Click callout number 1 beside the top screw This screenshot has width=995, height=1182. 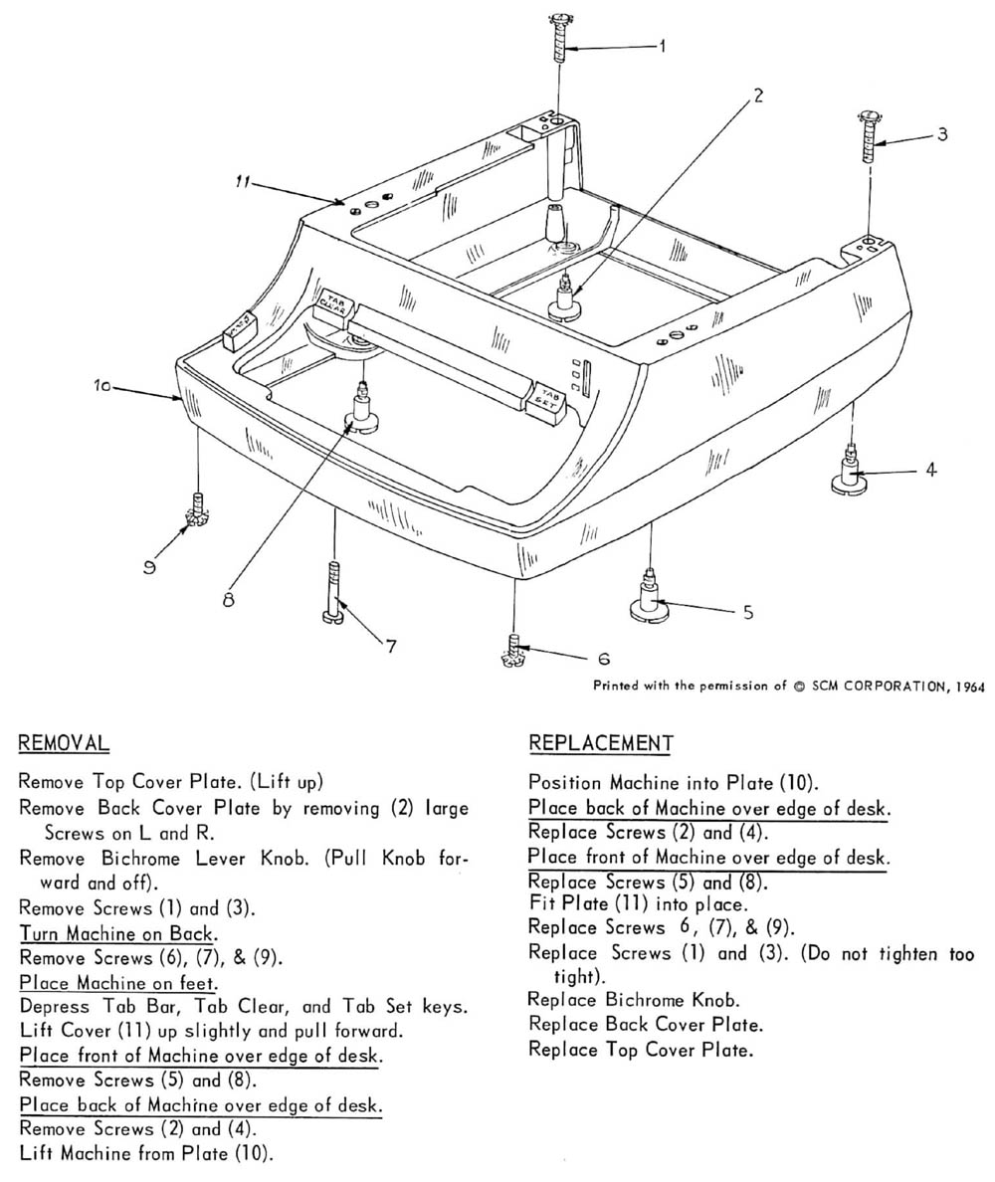(x=663, y=46)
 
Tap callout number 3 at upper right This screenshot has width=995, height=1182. (x=942, y=133)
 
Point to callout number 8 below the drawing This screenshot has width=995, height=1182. (x=229, y=600)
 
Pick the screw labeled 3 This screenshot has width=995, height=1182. (x=868, y=139)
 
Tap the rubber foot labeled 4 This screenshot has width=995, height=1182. (x=852, y=476)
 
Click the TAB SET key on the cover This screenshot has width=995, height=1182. (x=548, y=398)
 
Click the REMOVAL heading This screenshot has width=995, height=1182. (x=64, y=743)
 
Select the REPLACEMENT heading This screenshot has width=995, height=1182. (x=601, y=743)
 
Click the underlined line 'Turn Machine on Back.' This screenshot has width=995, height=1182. (x=118, y=934)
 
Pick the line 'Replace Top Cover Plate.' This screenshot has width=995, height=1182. (x=640, y=1050)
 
